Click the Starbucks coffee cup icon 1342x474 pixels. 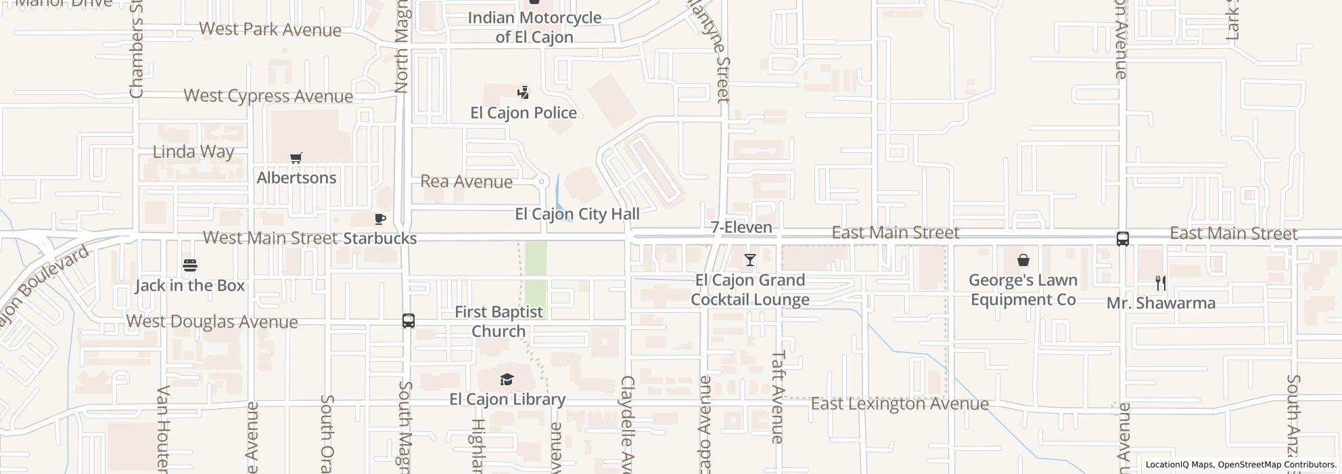pyautogui.click(x=380, y=219)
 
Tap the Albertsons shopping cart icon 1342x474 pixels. pyautogui.click(x=296, y=158)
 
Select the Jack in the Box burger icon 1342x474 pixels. pyautogui.click(x=190, y=265)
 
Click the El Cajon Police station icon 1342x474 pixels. pyautogui.click(x=523, y=93)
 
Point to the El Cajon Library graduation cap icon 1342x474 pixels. pyautogui.click(x=507, y=379)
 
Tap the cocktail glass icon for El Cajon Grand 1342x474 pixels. pyautogui.click(x=749, y=260)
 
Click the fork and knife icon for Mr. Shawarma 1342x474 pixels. pyautogui.click(x=1161, y=283)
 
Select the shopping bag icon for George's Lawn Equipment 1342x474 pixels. pyautogui.click(x=1023, y=260)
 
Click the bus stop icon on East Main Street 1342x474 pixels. pyautogui.click(x=1122, y=239)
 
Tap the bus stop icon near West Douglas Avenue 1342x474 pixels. pyautogui.click(x=409, y=321)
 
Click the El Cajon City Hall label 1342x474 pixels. pyautogui.click(x=577, y=214)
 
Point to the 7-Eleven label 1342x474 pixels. pyautogui.click(x=741, y=228)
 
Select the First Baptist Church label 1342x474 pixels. pyautogui.click(x=499, y=322)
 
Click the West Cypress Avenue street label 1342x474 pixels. pyautogui.click(x=268, y=96)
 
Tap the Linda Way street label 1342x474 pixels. pyautogui.click(x=193, y=152)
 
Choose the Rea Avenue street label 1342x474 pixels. pyautogui.click(x=466, y=181)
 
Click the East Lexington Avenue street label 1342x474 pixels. pyautogui.click(x=900, y=404)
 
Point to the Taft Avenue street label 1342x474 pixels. pyautogui.click(x=778, y=397)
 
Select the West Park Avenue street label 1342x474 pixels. pyautogui.click(x=270, y=30)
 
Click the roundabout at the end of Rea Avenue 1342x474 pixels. pyautogui.click(x=541, y=181)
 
